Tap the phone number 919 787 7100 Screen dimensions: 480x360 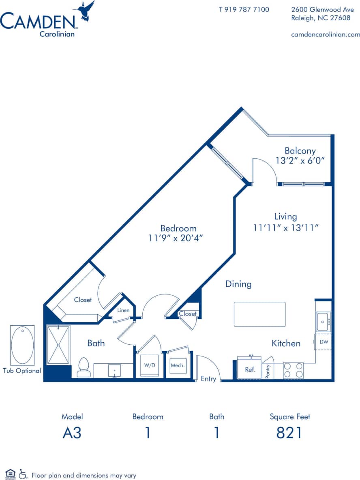pos(244,9)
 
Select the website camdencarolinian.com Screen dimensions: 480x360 pos(326,34)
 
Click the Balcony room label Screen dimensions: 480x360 pos(300,151)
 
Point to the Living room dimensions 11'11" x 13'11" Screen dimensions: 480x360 pos(285,228)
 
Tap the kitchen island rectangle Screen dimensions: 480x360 pos(259,314)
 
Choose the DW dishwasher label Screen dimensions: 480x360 pos(324,342)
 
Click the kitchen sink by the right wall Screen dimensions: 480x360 pos(323,321)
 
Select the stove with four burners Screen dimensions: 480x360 pos(293,370)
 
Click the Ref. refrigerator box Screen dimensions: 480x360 pos(250,370)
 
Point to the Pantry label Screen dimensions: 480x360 pos(268,371)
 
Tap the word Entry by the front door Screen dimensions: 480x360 pos(208,379)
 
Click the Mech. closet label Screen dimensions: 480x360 pos(178,365)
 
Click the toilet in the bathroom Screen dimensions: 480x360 pos(83,367)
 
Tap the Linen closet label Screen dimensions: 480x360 pos(123,310)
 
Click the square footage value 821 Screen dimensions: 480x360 pos(289,433)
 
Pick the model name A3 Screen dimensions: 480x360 pos(72,433)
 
